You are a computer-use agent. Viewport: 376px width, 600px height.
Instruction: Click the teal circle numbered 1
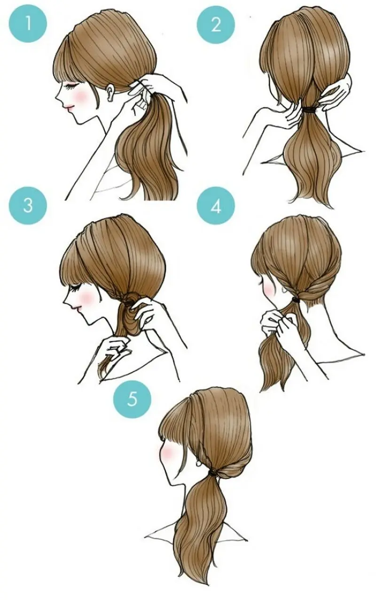pyautogui.click(x=28, y=24)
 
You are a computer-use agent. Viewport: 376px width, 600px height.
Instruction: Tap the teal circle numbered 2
pyautogui.click(x=216, y=24)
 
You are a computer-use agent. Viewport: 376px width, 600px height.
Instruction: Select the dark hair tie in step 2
pyautogui.click(x=311, y=110)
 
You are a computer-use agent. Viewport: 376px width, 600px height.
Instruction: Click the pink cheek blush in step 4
pyautogui.click(x=269, y=288)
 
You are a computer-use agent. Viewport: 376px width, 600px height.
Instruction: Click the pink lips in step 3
pyautogui.click(x=76, y=308)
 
